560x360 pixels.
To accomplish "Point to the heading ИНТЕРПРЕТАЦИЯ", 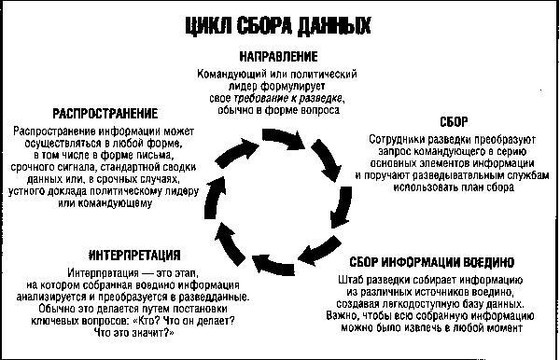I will (x=133, y=255).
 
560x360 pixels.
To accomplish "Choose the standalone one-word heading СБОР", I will (x=452, y=121).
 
